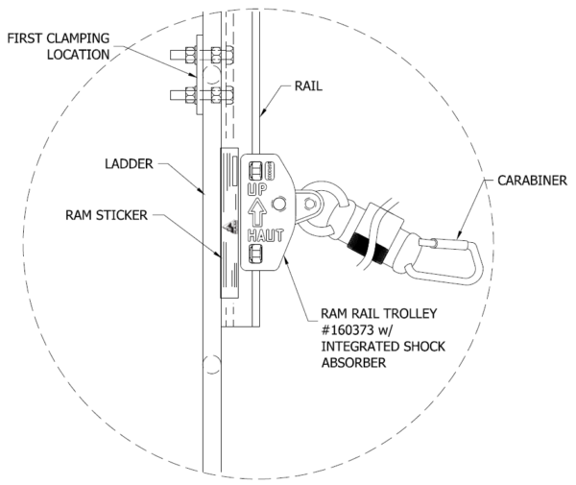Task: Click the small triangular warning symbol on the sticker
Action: (x=230, y=229)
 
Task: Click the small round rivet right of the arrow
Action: (x=278, y=204)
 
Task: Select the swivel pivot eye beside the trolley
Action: (x=310, y=204)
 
